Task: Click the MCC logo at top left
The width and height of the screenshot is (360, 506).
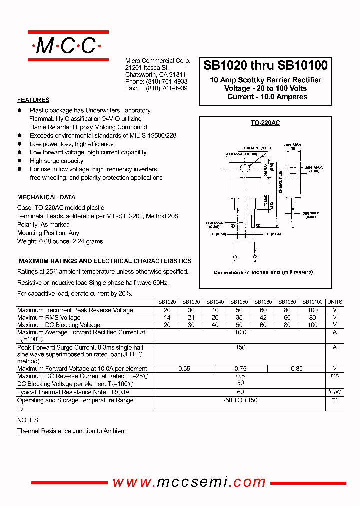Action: click(68, 46)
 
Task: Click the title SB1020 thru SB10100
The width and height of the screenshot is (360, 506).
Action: click(265, 65)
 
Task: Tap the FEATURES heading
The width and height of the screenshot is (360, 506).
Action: click(33, 100)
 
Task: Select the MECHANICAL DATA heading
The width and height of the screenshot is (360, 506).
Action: click(46, 197)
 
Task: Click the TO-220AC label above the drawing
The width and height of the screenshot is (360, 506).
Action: click(265, 123)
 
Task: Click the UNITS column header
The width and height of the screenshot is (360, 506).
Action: click(335, 302)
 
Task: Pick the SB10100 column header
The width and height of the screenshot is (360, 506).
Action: click(313, 302)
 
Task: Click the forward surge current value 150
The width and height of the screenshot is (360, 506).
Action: click(240, 347)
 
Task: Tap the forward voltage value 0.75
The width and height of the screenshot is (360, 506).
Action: click(240, 369)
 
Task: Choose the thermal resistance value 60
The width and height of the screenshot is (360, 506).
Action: click(240, 392)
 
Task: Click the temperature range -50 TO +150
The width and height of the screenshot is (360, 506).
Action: click(240, 400)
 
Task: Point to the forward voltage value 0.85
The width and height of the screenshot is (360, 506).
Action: click(296, 369)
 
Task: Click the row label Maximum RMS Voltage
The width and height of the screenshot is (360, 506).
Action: click(49, 317)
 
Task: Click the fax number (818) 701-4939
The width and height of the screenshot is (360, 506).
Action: click(167, 88)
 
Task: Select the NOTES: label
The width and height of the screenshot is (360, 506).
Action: click(28, 420)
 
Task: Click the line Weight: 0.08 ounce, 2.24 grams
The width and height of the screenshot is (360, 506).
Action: click(60, 241)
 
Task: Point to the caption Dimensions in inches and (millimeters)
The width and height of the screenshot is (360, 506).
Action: click(263, 272)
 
